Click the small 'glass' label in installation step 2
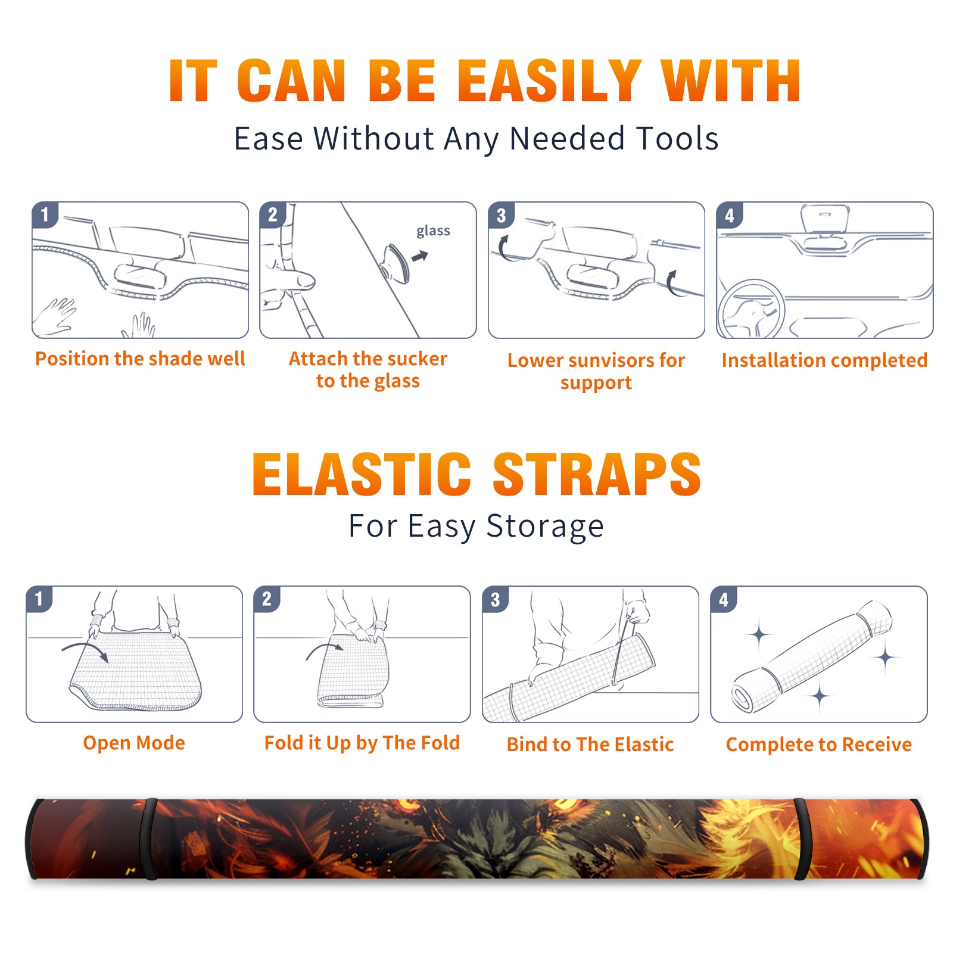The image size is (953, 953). (x=433, y=231)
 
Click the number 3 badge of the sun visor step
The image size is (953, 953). (x=501, y=215)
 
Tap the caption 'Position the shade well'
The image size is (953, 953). (x=140, y=359)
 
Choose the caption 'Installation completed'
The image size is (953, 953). (x=824, y=360)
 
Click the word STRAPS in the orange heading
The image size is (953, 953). (x=597, y=474)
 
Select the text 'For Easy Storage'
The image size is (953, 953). (x=476, y=526)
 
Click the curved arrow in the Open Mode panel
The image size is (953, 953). (x=85, y=649)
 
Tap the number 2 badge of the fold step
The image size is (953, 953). (x=267, y=599)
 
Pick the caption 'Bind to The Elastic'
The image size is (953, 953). (x=590, y=744)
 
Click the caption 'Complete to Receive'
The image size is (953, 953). (x=819, y=744)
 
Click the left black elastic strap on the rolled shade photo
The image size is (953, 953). (x=149, y=839)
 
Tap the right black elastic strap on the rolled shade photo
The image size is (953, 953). (x=801, y=839)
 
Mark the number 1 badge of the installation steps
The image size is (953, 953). (x=45, y=214)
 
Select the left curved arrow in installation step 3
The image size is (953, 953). (x=503, y=249)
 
